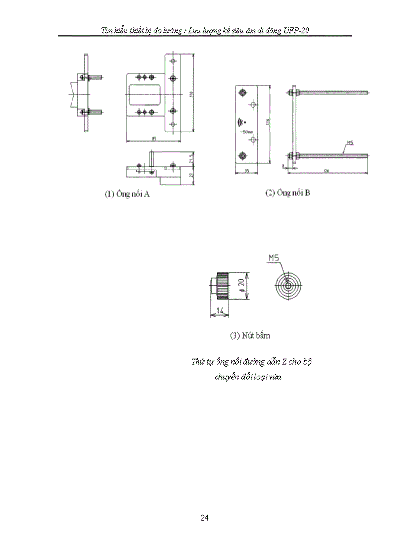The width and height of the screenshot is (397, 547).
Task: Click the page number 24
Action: point(204,518)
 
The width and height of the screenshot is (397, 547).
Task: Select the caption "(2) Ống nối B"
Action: point(288,193)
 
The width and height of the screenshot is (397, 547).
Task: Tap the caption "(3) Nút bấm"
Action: point(250,335)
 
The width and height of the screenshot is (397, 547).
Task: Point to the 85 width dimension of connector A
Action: point(154,139)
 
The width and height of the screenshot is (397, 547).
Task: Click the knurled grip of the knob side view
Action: point(225,287)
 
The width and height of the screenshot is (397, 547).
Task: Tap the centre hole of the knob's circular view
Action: point(288,286)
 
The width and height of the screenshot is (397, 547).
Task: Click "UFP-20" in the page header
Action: point(296,30)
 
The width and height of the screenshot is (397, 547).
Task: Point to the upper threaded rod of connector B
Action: point(331,91)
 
